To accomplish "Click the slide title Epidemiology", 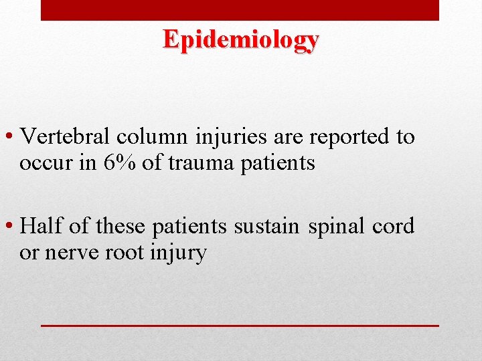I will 241,40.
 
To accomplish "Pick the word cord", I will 394,226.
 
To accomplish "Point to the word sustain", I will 266,226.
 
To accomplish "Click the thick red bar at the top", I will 240,10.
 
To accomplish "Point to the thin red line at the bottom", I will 240,324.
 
